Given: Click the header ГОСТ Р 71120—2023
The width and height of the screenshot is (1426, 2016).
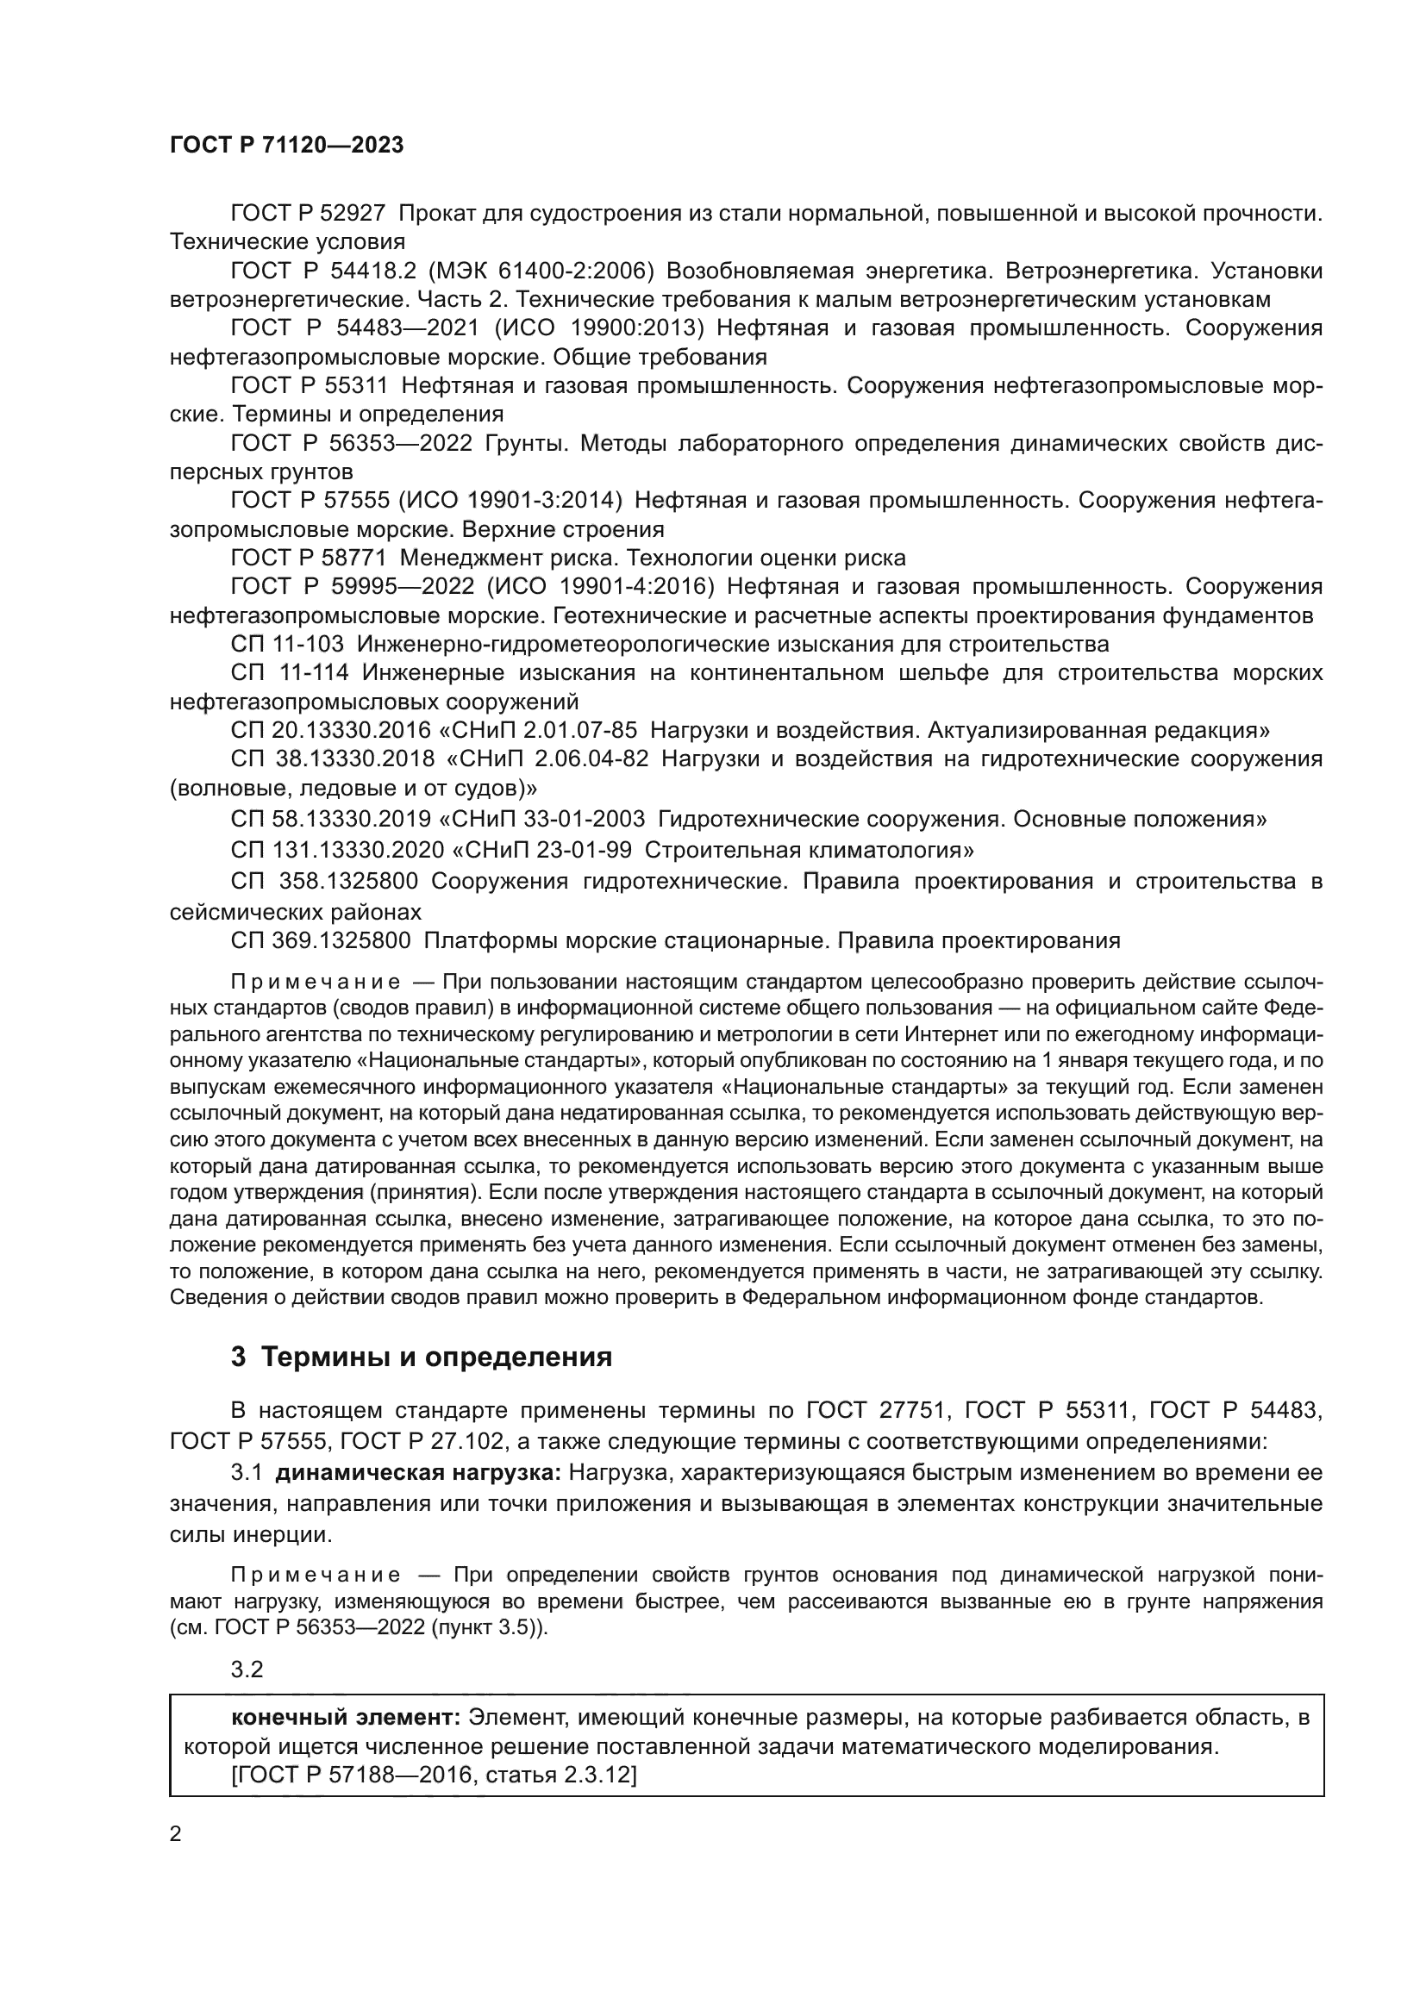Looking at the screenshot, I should pos(286,146).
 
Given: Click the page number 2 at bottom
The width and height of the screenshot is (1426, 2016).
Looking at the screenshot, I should pos(176,1834).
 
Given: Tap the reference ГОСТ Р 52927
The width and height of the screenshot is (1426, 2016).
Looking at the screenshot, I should pos(307,214).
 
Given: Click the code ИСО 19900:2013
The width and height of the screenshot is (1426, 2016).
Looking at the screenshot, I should pos(600,328).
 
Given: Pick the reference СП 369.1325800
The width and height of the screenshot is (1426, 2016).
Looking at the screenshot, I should pos(321,940).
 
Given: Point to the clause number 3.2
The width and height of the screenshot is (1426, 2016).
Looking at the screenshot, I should pos(247,1670).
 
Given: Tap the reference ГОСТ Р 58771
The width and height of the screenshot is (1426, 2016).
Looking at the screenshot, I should pos(307,559).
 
